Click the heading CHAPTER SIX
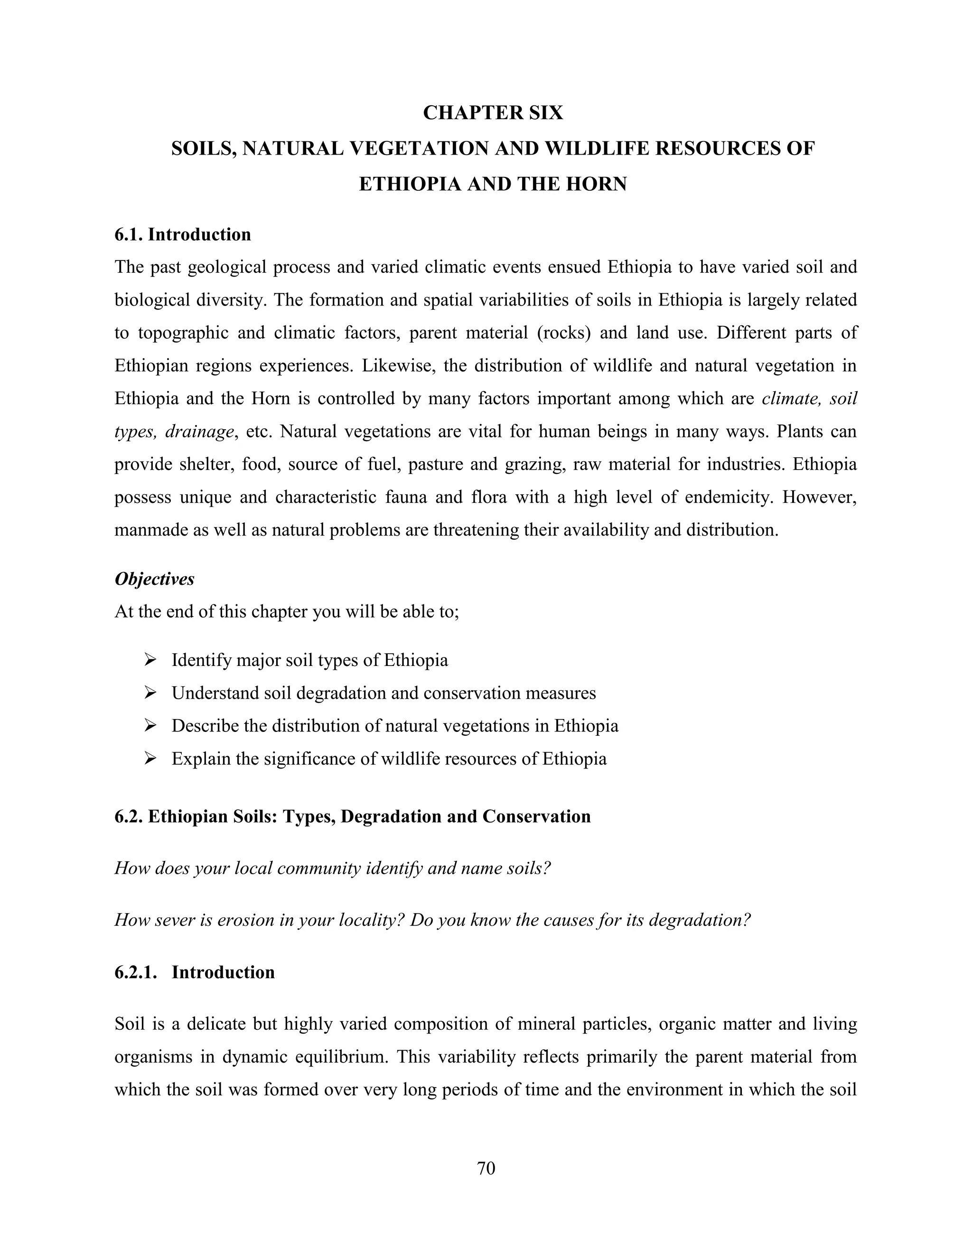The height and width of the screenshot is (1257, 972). click(493, 113)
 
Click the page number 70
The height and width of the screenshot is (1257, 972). click(486, 1168)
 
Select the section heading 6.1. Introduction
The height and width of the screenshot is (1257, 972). click(183, 234)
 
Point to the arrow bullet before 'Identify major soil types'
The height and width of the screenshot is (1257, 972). click(150, 660)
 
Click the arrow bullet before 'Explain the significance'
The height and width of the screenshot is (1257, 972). click(150, 758)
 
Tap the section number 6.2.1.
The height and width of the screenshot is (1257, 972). click(136, 972)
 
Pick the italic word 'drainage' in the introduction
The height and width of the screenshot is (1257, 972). click(199, 432)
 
